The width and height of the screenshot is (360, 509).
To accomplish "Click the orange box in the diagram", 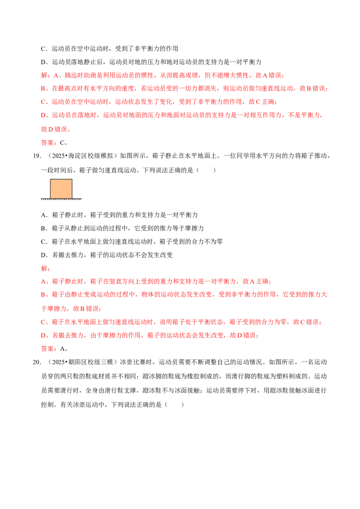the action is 61,188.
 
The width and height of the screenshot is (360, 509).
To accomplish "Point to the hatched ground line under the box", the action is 61,199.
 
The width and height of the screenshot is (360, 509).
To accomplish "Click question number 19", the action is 37,156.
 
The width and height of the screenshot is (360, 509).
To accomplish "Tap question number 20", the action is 37,362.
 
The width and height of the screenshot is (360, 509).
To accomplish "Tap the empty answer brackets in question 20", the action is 174,405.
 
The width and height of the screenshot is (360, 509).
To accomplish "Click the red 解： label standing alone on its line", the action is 45,268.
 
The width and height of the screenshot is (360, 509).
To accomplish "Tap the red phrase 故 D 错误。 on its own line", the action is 56,129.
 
